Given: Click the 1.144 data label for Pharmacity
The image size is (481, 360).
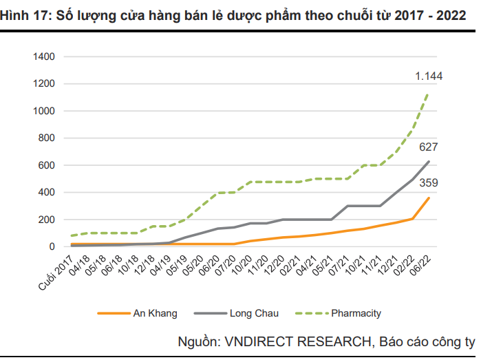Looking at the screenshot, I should click(428, 76).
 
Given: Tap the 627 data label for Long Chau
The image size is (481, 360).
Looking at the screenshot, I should click(428, 147).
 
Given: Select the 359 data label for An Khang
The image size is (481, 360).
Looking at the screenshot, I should click(428, 183).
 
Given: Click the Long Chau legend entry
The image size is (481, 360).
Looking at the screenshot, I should click(255, 314).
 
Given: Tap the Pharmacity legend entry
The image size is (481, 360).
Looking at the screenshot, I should click(356, 314).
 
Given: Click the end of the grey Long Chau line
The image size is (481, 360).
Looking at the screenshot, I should click(429, 162).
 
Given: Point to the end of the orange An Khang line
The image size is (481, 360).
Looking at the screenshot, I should click(429, 198).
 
